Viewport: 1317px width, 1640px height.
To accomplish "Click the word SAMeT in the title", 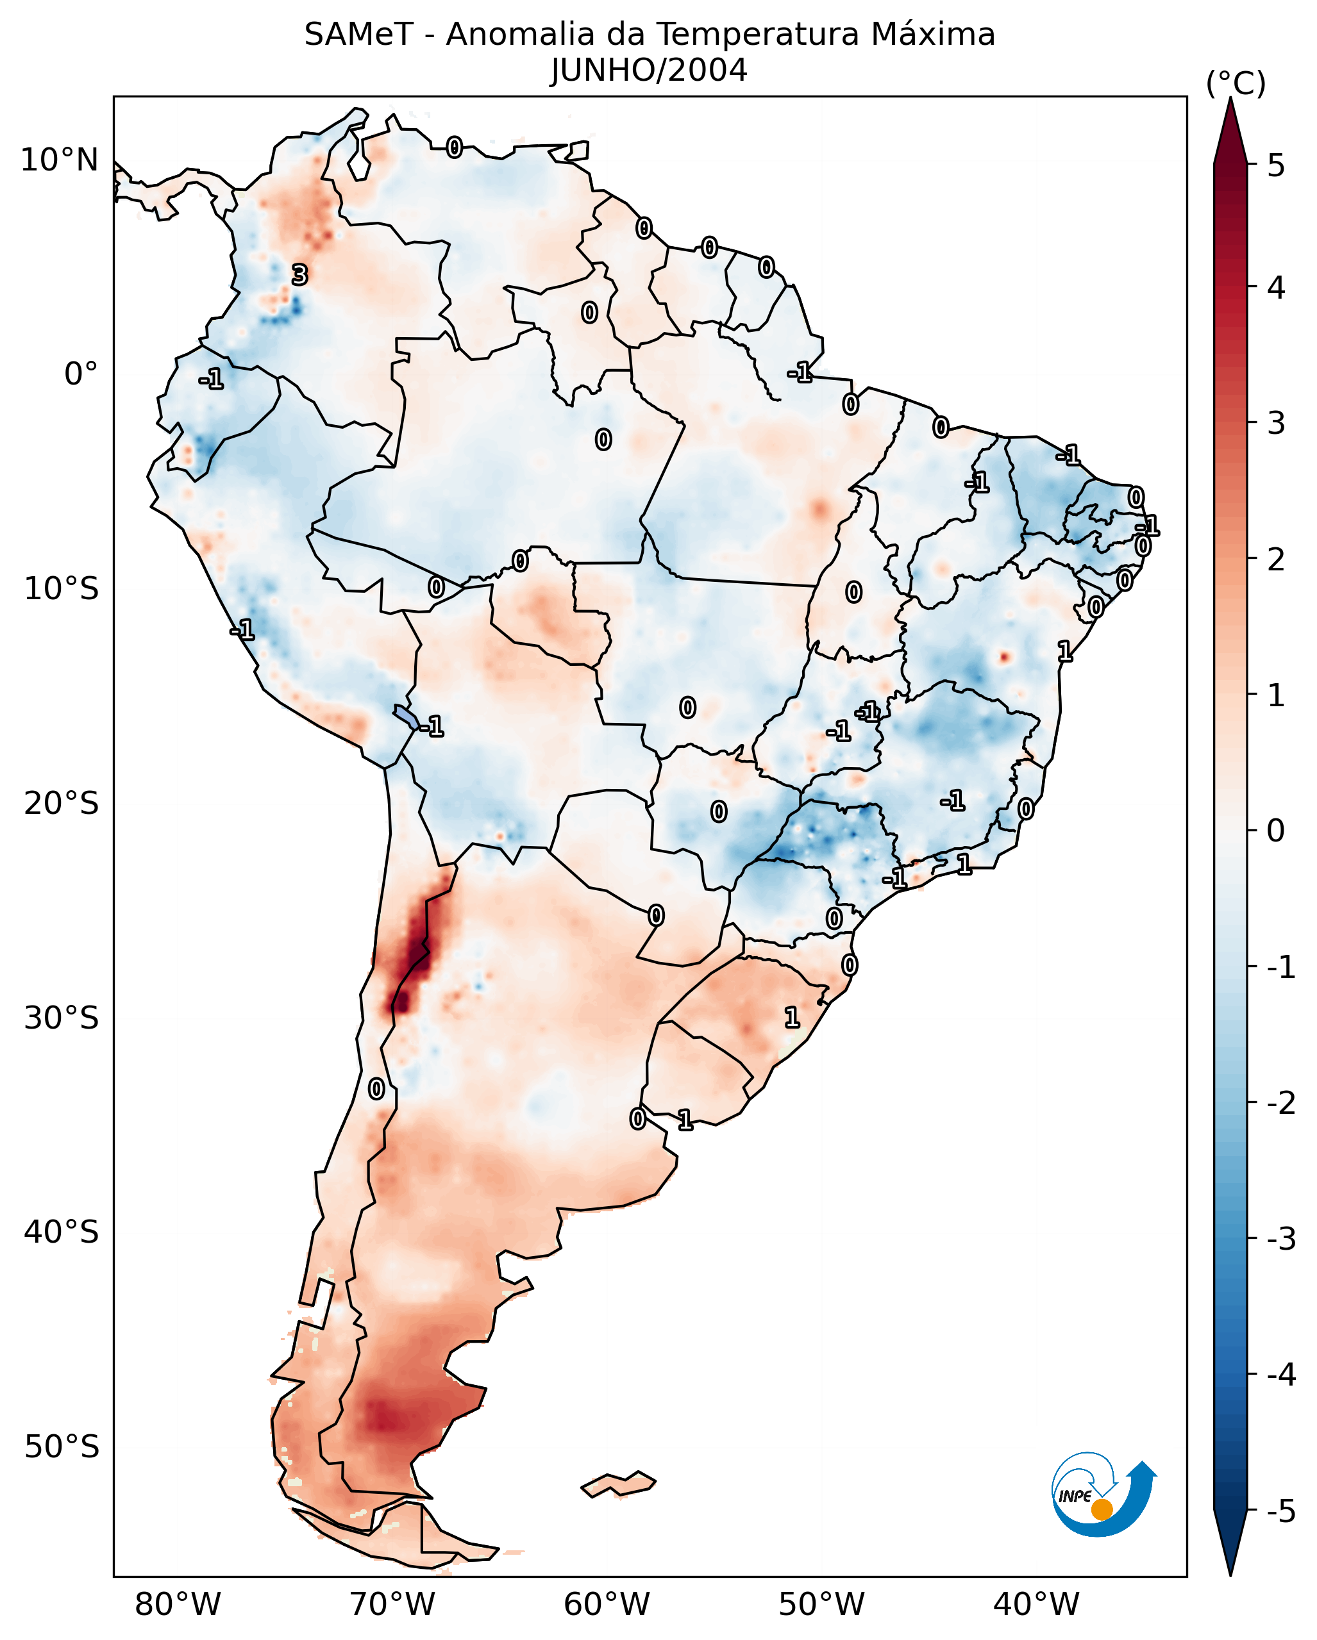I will click(358, 35).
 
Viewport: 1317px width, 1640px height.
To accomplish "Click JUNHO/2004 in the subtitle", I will click(649, 70).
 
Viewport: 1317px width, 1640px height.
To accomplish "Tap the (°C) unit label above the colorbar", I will click(1236, 84).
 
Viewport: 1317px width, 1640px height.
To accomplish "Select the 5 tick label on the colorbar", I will click(1276, 165).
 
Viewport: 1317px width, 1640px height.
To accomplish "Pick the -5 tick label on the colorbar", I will click(1280, 1511).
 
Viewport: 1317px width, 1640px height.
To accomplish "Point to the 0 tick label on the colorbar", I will click(1276, 830).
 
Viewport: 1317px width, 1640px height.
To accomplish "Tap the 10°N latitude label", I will click(60, 160).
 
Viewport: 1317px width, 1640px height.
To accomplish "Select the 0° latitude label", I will click(81, 374).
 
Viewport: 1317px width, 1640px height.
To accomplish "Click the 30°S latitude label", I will click(61, 1018).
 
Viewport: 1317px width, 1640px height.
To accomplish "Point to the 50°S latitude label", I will click(61, 1447).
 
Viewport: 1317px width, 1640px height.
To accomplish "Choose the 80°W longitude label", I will click(177, 1604).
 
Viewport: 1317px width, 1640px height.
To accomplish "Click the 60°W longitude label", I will click(607, 1604).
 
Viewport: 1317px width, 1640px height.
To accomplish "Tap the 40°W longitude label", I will click(1036, 1604).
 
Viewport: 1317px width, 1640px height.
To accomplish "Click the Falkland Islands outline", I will click(618, 1484).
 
